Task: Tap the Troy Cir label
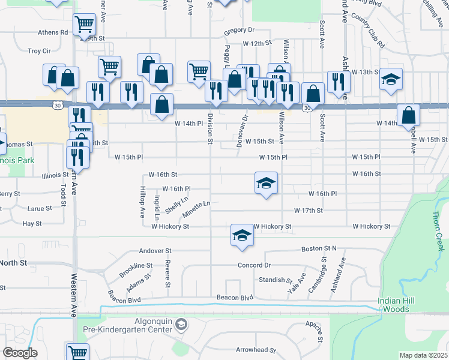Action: (38, 52)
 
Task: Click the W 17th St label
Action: (309, 211)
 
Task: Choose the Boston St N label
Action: (319, 248)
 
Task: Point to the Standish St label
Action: (275, 280)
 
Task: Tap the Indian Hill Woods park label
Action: (402, 305)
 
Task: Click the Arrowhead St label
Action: (255, 350)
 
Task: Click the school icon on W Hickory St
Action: (242, 234)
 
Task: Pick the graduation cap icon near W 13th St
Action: (391, 80)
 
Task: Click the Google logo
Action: (20, 353)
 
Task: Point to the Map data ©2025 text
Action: (423, 355)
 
